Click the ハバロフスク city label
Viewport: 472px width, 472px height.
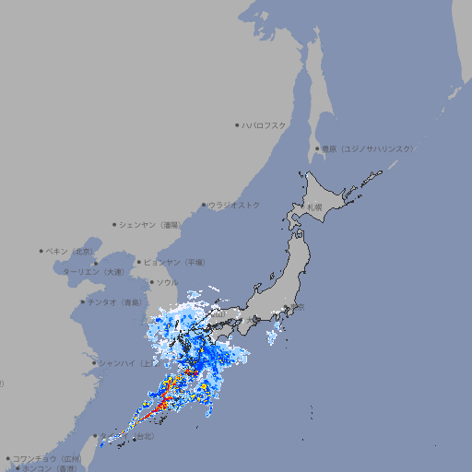(x=264, y=124)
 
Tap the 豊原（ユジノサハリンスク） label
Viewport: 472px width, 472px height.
(x=367, y=148)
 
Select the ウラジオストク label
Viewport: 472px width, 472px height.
(x=234, y=205)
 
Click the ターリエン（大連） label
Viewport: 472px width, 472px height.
(x=94, y=272)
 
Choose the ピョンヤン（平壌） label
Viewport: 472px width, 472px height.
(x=174, y=262)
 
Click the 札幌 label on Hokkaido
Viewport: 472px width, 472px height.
(x=314, y=206)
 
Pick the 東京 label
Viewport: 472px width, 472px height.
(x=297, y=308)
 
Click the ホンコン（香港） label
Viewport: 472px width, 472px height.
(x=46, y=468)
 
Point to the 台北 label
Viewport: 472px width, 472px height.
(x=143, y=439)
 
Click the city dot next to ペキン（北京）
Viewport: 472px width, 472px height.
(x=41, y=251)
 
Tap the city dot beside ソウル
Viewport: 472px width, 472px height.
(x=151, y=282)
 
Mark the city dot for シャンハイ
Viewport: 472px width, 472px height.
(x=94, y=362)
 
